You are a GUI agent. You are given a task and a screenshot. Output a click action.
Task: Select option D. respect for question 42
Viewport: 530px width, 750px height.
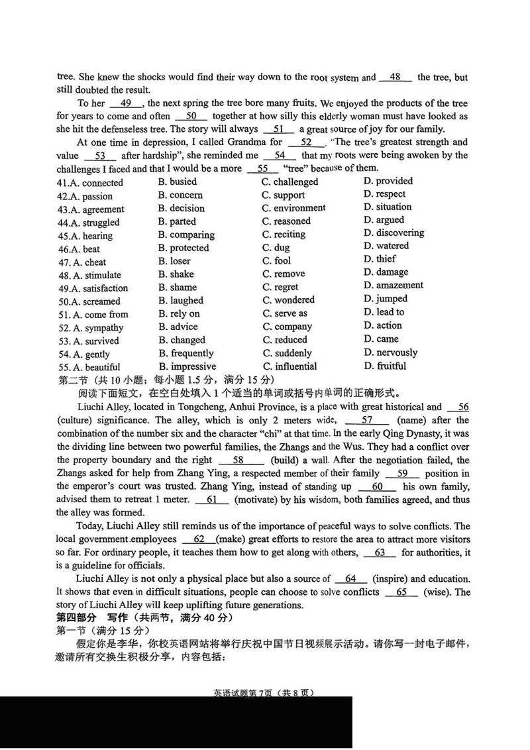point(384,194)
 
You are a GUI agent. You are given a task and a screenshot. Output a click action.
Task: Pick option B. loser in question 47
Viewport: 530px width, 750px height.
point(174,261)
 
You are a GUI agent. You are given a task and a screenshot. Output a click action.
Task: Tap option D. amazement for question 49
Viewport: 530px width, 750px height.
point(393,286)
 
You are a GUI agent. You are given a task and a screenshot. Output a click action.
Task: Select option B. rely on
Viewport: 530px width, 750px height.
point(179,314)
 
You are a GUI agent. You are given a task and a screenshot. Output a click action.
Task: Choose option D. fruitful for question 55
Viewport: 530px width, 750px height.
point(384,366)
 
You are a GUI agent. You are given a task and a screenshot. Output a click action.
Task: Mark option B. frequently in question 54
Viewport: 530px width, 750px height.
point(186,353)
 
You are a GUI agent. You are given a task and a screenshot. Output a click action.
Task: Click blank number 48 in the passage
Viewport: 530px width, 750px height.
point(396,78)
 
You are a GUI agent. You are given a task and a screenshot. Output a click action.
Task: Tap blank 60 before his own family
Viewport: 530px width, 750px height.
point(378,486)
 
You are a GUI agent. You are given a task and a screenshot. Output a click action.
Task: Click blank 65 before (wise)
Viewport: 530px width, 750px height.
point(401,592)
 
